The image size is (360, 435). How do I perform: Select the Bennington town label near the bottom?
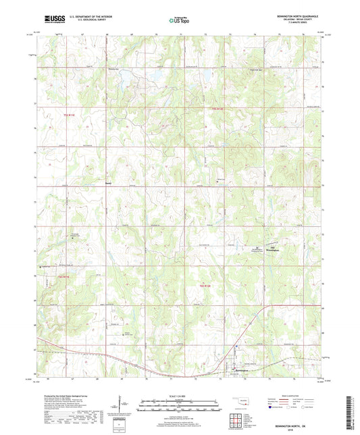point(242,369)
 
